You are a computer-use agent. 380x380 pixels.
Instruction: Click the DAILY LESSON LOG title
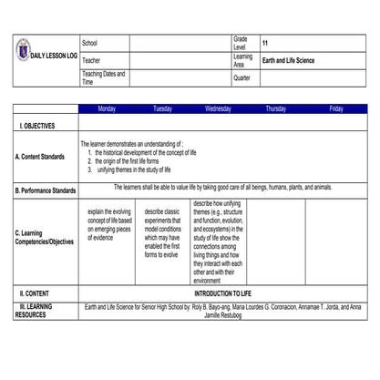click(x=54, y=56)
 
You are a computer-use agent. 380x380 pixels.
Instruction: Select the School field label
click(x=89, y=44)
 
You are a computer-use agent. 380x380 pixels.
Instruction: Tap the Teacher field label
click(x=91, y=59)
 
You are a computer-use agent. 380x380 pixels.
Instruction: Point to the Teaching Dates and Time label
click(x=103, y=77)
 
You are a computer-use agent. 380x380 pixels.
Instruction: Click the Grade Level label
click(x=241, y=44)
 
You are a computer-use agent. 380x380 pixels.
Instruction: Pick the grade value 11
click(x=265, y=44)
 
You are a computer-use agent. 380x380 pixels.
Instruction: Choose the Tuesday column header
click(x=162, y=108)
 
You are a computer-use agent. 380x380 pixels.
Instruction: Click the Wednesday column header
click(x=218, y=108)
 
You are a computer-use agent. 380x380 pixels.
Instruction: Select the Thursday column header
click(x=275, y=108)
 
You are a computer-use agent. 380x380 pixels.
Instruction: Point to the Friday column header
click(x=336, y=108)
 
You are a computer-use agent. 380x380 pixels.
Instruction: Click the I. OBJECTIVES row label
click(x=37, y=125)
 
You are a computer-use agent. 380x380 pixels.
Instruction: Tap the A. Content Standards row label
click(x=40, y=157)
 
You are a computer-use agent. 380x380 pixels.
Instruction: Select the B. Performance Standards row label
click(x=46, y=190)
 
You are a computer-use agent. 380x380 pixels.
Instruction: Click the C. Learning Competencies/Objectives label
click(x=45, y=237)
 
